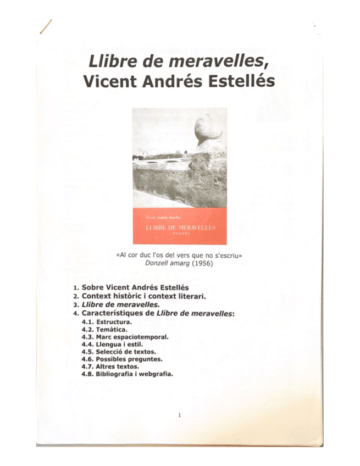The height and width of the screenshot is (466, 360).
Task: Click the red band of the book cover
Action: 179,226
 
